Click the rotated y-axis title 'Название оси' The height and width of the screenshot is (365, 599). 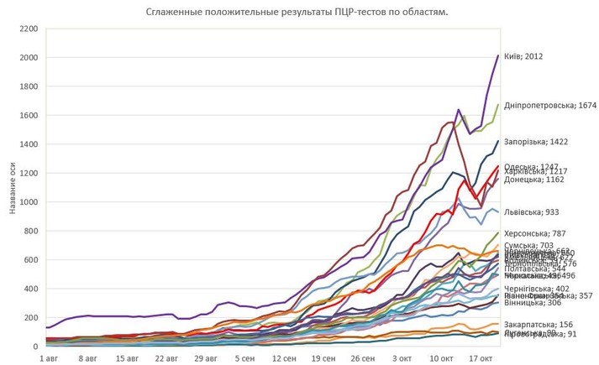coord(13,188)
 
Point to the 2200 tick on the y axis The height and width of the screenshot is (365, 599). coord(29,29)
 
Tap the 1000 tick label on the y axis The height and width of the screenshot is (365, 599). coord(29,202)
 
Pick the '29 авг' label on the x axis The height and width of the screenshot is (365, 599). coord(206,357)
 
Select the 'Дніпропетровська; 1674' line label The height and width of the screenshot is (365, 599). coord(549,106)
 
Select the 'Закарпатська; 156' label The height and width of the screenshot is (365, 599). coord(538,324)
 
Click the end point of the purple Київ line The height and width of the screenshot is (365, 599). coord(498,56)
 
